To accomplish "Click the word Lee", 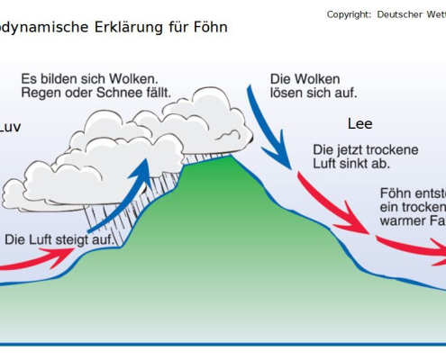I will pos(360,124).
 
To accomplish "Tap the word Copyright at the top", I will pos(349,14).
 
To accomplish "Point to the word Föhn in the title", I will pos(210,27).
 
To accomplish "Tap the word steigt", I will pos(77,240).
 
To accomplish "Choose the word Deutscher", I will pos(403,14).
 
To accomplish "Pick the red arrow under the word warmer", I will pos(410,246).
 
